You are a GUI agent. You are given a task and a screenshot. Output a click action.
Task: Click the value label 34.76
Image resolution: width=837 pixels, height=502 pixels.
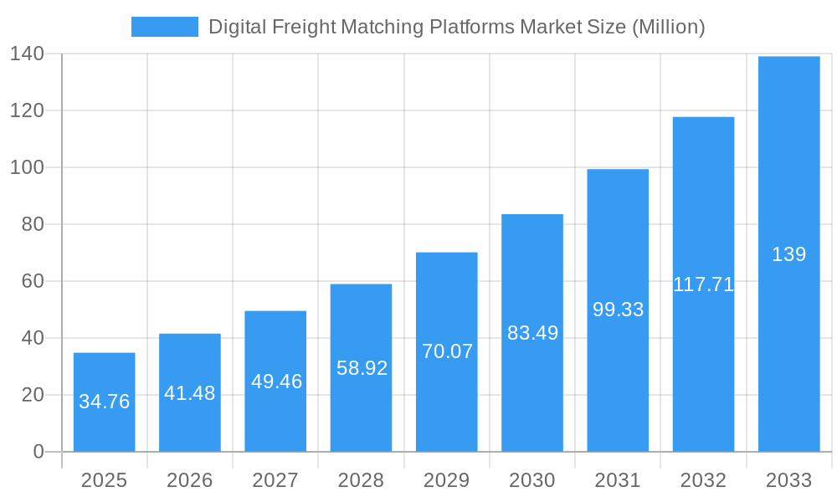[x=104, y=402]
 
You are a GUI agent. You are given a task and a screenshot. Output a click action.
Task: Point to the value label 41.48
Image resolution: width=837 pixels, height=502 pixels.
[x=190, y=393]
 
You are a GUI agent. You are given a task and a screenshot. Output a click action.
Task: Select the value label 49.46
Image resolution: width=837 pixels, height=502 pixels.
[x=276, y=382]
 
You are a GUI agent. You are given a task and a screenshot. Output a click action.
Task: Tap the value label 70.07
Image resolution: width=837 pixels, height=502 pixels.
[x=447, y=351]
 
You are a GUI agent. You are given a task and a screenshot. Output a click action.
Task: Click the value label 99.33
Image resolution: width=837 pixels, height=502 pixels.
[x=618, y=310]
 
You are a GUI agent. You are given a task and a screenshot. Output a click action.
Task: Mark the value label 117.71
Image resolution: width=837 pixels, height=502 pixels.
[x=703, y=284]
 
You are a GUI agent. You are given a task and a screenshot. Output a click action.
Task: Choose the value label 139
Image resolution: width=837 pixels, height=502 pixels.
[x=788, y=254]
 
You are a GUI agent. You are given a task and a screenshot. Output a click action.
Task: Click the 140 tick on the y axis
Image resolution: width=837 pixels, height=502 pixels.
[x=27, y=54]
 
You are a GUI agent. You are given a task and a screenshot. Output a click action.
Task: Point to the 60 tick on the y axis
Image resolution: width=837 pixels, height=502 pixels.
[x=33, y=281]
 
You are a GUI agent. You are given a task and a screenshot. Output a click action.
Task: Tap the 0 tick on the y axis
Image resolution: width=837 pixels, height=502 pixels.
[x=39, y=452]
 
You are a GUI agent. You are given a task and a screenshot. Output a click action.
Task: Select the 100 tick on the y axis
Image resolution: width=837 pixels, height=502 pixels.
[x=27, y=167]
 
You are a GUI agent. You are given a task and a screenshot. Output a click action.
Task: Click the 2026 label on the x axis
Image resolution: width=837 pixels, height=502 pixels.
[x=190, y=480]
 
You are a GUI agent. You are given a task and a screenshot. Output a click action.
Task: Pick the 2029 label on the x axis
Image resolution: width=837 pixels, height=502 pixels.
[x=447, y=480]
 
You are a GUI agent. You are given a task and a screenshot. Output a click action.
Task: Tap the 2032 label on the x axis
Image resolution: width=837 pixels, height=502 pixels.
[x=703, y=480]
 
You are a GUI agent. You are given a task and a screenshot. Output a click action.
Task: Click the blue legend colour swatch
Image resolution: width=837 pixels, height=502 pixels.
[x=165, y=27]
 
